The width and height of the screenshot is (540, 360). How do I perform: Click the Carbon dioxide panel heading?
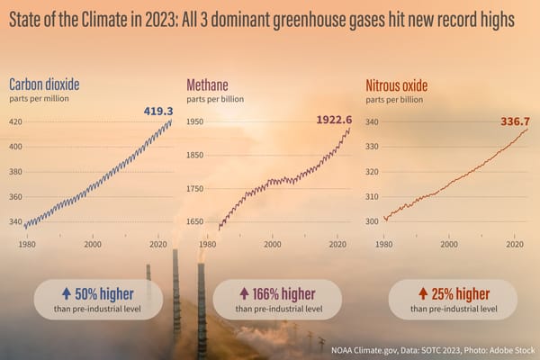[x=44, y=85]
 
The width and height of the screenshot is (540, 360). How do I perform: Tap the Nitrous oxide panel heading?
[x=396, y=85]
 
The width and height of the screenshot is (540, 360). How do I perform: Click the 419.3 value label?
[x=158, y=112]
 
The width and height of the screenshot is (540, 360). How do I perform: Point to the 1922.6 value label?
[x=333, y=119]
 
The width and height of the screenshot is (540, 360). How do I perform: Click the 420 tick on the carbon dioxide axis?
[x=16, y=121]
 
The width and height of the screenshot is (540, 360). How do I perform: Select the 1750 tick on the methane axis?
[x=195, y=188]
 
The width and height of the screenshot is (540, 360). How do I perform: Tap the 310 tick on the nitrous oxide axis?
[x=372, y=196]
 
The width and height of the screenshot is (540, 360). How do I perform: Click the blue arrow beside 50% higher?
[x=67, y=292]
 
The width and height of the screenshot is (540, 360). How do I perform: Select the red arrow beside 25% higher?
[x=422, y=292]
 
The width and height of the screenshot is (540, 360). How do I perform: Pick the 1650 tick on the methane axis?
[x=195, y=221]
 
